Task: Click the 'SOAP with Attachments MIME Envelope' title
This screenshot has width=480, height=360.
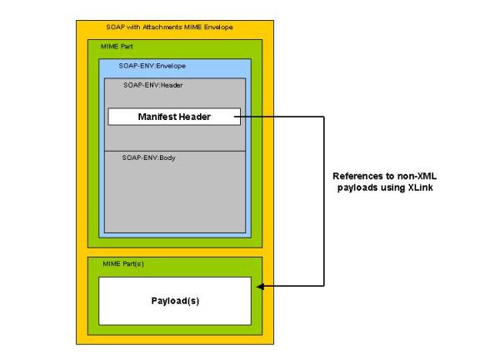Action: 169,27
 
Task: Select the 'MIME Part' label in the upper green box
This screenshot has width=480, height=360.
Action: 117,47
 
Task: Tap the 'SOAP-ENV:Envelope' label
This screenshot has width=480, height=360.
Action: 152,66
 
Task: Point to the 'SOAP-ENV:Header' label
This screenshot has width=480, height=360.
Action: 153,85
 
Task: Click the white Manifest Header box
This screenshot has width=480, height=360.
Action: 174,117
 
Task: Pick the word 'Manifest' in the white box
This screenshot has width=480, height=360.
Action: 157,117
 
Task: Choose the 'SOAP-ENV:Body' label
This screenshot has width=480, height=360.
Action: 149,157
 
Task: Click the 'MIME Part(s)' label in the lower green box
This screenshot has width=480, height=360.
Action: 123,263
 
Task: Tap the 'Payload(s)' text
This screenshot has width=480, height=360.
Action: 175,301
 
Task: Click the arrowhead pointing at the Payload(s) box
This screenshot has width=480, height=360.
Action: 260,287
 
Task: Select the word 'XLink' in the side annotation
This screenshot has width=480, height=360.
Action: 420,187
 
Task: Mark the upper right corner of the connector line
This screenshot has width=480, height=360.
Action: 324,117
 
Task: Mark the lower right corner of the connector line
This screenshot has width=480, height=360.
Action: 324,286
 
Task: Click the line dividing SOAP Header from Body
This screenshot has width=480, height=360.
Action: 175,151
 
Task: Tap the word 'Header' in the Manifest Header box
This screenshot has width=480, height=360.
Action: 195,117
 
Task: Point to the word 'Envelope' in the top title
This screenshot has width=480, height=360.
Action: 218,27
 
